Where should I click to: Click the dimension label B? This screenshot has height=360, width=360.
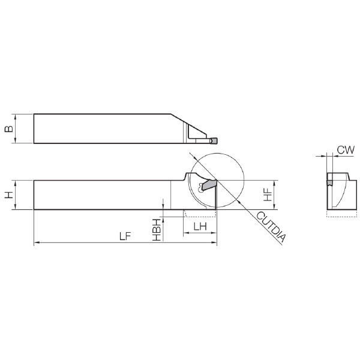point(9,128)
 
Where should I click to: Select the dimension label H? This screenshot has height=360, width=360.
point(9,195)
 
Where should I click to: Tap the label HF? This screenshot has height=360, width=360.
point(268,195)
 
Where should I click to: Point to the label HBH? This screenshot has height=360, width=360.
point(157,230)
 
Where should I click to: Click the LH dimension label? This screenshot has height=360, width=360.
point(200,227)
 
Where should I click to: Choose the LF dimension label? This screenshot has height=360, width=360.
point(125,236)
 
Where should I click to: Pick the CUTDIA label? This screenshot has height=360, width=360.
point(272,227)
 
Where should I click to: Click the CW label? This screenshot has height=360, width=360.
point(346,150)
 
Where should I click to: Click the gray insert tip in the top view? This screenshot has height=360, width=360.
point(214,141)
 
